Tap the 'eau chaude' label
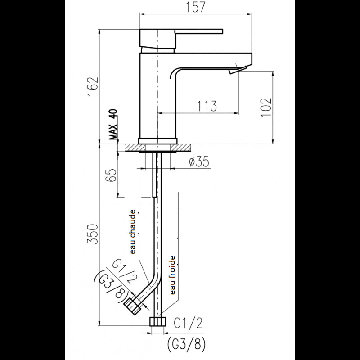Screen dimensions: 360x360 pos(133,233)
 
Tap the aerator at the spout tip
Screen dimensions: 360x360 pos(235,70)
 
